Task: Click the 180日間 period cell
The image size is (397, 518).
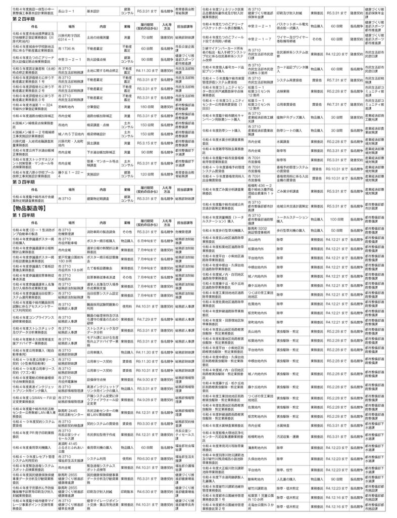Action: [x=147, y=121]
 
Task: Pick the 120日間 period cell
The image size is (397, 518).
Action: [x=147, y=173]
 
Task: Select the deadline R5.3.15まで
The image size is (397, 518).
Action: [x=147, y=143]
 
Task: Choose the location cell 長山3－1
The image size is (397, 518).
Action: [x=68, y=10]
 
